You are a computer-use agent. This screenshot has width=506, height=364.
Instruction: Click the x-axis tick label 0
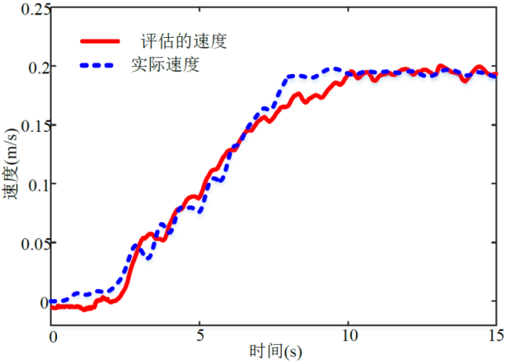[x=53, y=338]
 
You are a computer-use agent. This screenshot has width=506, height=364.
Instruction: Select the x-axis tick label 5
[x=200, y=338]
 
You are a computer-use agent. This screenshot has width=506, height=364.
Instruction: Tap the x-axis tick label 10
[x=349, y=338]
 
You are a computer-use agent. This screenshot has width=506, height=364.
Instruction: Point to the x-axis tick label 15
[x=495, y=338]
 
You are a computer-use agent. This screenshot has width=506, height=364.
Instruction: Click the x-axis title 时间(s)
[x=276, y=352]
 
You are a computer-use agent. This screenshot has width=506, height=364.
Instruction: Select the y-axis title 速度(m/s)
[x=11, y=164]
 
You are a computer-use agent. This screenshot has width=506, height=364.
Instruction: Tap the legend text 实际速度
[x=165, y=63]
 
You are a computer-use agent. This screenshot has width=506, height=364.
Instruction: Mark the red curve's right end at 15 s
[x=496, y=75]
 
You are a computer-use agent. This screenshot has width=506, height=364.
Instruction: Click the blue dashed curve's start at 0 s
[x=53, y=301]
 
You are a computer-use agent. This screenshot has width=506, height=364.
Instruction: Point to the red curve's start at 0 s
[x=53, y=306]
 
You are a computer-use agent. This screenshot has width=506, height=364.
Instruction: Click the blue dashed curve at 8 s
[x=289, y=77]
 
